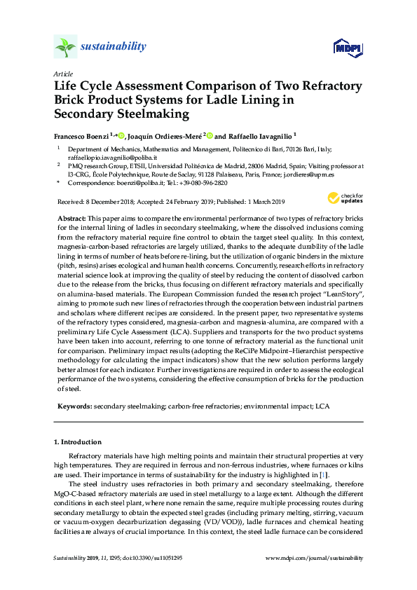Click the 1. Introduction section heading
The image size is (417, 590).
(78, 442)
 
